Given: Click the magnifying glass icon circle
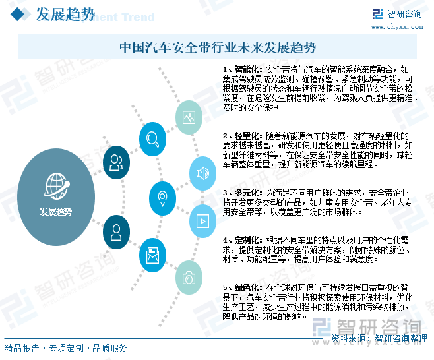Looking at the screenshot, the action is point(152,139).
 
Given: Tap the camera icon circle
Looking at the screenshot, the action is point(189,278).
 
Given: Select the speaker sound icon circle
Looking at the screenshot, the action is point(202,173).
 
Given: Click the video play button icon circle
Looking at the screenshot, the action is point(202,221).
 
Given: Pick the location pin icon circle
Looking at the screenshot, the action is point(162,198).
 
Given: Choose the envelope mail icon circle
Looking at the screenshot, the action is point(152,255).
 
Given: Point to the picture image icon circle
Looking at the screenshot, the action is point(189,117).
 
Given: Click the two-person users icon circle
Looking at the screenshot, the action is point(116,162).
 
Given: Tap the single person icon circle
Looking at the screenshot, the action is point(116,232).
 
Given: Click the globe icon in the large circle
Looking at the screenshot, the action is point(57,186).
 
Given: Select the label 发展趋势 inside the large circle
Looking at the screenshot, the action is point(56,212).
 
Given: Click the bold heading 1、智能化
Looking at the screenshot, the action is point(242,69).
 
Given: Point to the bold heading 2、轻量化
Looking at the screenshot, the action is point(242,136).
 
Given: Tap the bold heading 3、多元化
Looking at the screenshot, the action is point(242,193).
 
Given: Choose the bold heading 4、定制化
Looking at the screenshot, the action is point(242,240).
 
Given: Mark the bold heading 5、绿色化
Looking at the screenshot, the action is point(242,287).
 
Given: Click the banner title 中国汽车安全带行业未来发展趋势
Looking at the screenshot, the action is point(218,47).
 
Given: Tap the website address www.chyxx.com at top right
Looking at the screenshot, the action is point(397,27).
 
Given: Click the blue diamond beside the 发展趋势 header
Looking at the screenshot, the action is point(18,14).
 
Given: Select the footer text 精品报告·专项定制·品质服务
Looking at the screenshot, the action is point(66,348).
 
